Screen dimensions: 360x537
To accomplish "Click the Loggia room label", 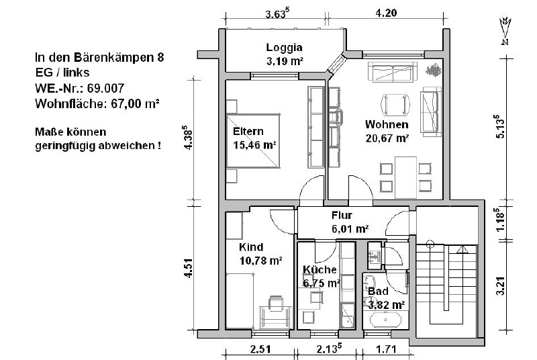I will pyautogui.click(x=284, y=48).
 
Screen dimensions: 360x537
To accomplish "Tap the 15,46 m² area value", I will pyautogui.click(x=256, y=144).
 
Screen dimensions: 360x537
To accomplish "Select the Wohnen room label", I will pyautogui.click(x=387, y=125).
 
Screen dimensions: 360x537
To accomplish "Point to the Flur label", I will pyautogui.click(x=342, y=216).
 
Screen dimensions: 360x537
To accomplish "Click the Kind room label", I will pyautogui.click(x=252, y=246).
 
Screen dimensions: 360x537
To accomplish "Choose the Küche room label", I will pyautogui.click(x=320, y=269).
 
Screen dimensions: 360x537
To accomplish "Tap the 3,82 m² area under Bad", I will pyautogui.click(x=386, y=304).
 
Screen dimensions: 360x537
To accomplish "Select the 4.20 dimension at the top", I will pyautogui.click(x=386, y=12).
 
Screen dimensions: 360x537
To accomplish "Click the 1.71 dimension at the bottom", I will pyautogui.click(x=387, y=349).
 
